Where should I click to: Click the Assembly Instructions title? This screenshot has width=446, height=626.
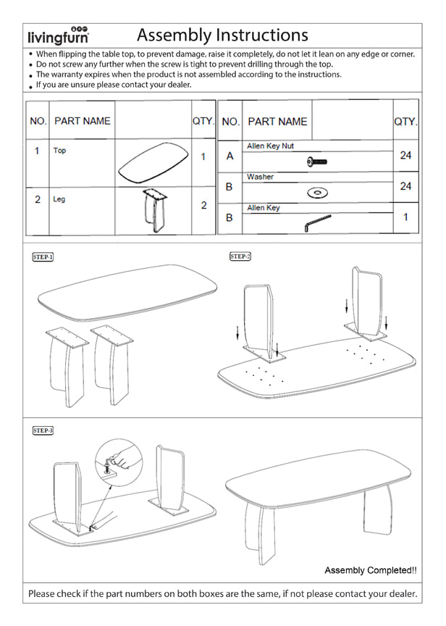[222, 35]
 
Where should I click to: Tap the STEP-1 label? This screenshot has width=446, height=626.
[43, 256]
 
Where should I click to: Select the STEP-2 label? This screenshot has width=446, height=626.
[240, 256]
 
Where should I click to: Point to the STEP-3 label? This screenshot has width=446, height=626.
[43, 430]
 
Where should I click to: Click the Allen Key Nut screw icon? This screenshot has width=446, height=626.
[318, 161]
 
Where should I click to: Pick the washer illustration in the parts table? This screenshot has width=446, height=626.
[317, 193]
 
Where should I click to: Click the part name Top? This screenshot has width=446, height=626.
[59, 151]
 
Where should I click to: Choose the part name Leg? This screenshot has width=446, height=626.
[59, 199]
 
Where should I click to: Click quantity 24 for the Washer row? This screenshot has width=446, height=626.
[405, 186]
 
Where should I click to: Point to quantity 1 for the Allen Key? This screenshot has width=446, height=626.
[405, 217]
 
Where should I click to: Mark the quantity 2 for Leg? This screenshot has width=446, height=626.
[203, 205]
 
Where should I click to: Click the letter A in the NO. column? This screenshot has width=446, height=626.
[230, 156]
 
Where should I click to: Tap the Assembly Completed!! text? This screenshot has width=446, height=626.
[370, 570]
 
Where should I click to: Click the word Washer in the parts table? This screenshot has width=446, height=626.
[261, 177]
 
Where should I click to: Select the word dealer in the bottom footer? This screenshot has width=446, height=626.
[399, 593]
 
